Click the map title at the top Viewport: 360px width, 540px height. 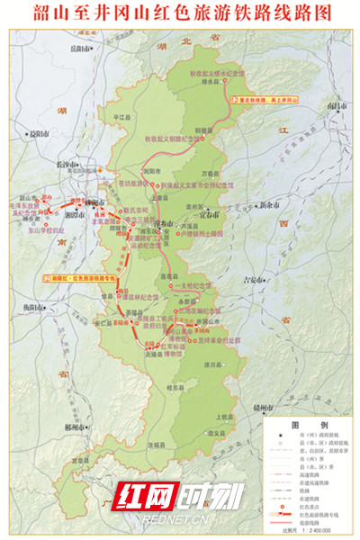[x=180, y=13]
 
